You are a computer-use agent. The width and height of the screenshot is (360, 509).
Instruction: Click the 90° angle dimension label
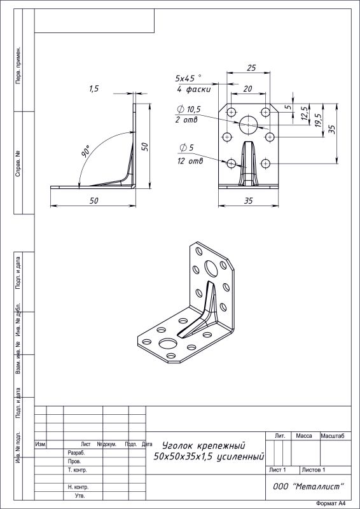86,151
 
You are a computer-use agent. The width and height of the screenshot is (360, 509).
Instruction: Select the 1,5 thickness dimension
93,89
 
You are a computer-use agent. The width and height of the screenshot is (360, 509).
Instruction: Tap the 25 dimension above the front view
251,68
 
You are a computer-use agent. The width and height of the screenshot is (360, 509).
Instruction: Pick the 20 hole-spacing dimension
247,88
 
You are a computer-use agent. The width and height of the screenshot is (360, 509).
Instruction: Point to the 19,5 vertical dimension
319,120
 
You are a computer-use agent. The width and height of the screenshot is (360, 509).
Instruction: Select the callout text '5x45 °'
188,78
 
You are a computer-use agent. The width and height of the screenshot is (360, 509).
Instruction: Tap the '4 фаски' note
194,89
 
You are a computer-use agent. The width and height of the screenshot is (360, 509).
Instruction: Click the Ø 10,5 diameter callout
190,109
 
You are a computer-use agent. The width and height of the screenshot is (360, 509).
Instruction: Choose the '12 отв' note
190,161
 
